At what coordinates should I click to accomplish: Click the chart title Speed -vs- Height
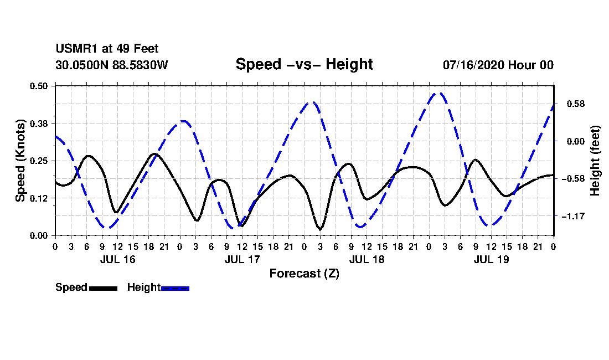coord(304,64)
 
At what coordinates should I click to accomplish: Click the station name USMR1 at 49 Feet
coord(107,49)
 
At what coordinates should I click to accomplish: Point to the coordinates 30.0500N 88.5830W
coord(112,65)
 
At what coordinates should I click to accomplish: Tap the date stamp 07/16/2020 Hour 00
coord(498,65)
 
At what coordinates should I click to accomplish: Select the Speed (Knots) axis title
coord(20,161)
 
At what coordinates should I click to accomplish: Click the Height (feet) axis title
coord(595,161)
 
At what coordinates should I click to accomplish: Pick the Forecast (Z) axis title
coord(304,274)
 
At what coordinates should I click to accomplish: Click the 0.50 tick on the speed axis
coord(39,86)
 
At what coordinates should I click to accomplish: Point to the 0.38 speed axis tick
coord(39,124)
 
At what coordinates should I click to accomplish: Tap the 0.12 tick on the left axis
coord(39,198)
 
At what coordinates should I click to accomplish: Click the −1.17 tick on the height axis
coord(573,217)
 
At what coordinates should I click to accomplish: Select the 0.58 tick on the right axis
coord(576,104)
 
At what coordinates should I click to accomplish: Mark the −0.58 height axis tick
coord(573,179)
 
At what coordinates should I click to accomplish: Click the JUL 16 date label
coord(118,259)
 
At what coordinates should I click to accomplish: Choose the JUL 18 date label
coord(367,259)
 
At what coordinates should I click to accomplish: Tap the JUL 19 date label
coord(491,259)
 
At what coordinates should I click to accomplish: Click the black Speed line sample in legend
coord(104,288)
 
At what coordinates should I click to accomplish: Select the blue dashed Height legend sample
coord(175,288)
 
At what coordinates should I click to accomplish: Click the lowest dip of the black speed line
coord(320,229)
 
